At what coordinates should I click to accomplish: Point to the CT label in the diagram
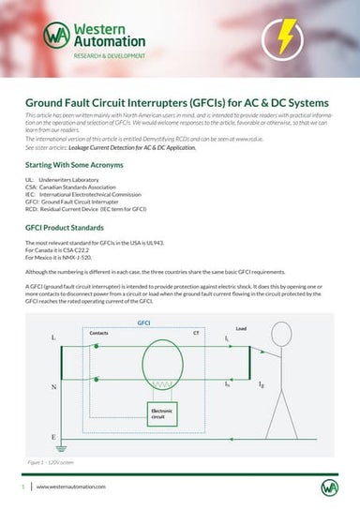click(x=195, y=333)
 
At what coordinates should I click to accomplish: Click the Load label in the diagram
click(x=241, y=329)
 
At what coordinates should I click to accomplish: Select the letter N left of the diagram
click(x=53, y=385)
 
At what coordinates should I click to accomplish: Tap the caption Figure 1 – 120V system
click(x=55, y=461)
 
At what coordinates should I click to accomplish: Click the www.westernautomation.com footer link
click(x=70, y=487)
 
